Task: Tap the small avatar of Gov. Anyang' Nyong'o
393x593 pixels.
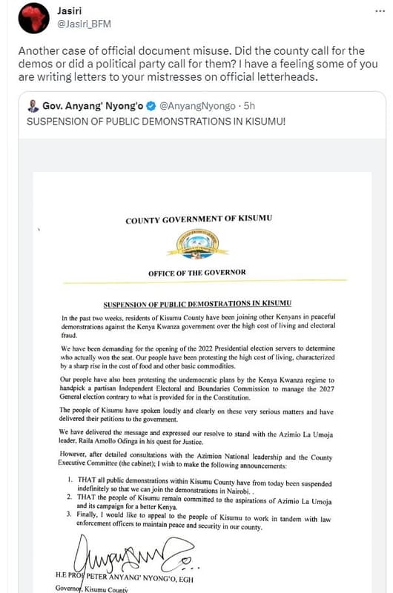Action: pos(33,107)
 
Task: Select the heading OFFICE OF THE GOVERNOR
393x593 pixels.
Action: pos(196,273)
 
